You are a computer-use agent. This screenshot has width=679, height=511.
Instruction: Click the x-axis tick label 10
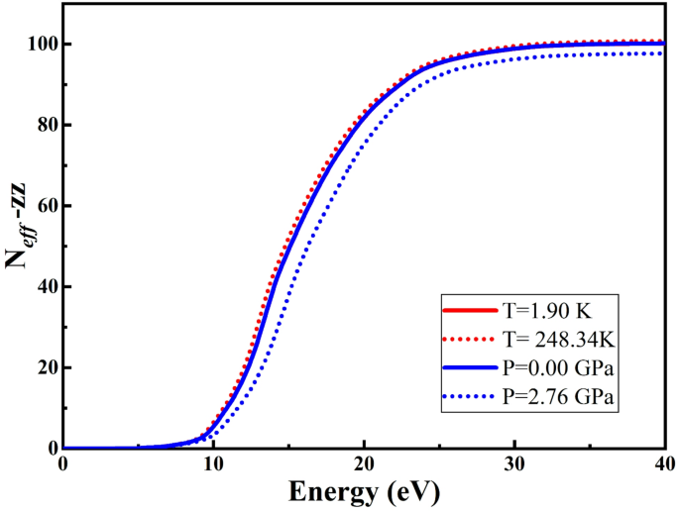point(213,465)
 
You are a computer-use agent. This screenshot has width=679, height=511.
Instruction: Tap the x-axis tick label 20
point(364,465)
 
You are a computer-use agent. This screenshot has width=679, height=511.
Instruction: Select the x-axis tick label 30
point(514,465)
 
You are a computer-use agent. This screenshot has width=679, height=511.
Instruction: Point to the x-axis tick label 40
point(662,465)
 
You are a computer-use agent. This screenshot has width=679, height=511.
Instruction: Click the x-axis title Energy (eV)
point(364,492)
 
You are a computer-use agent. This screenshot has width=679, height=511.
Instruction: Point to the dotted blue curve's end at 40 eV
point(662,53)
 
